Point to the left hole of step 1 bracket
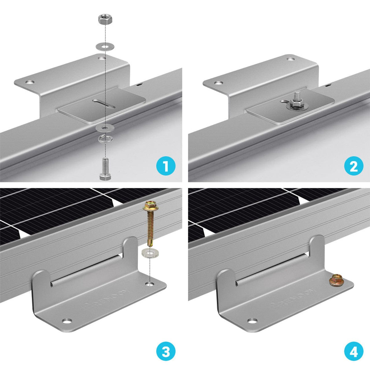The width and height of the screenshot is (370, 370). pyautogui.click(x=30, y=82)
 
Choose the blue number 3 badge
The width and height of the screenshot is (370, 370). pyautogui.click(x=166, y=353)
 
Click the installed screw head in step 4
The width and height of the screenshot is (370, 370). pyautogui.click(x=335, y=280)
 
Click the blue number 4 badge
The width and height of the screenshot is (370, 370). pyautogui.click(x=353, y=353)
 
